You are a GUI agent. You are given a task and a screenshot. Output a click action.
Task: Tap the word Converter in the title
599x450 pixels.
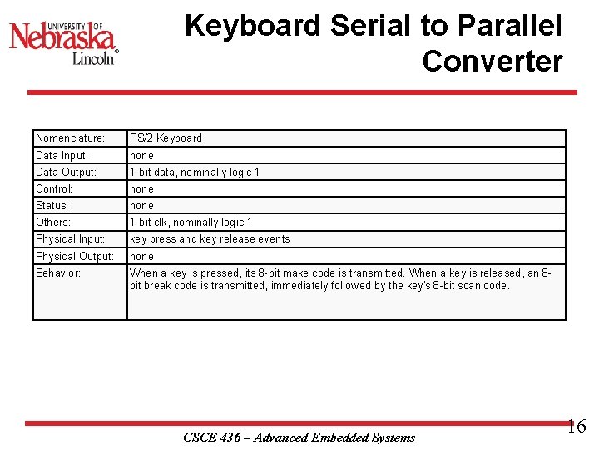(492, 61)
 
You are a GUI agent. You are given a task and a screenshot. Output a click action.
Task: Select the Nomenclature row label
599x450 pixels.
(70, 138)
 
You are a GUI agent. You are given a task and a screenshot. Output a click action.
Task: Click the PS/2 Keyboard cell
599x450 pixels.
(166, 138)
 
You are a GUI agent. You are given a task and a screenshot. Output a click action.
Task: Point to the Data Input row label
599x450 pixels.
(62, 156)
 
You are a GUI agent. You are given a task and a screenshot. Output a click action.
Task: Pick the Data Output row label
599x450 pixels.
(66, 172)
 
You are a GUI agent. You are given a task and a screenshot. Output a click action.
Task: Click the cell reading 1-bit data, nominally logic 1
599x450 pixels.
(195, 172)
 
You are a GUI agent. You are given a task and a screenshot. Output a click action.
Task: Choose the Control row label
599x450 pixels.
(54, 189)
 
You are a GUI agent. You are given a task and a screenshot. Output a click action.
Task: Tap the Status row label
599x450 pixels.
(52, 206)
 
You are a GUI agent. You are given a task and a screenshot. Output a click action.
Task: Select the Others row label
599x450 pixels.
(53, 222)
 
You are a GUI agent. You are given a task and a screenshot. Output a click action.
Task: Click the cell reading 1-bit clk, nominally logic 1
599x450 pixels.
(191, 222)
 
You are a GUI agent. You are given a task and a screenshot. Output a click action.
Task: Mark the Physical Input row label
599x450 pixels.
(70, 239)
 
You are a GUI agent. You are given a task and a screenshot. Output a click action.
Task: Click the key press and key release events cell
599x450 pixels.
(210, 239)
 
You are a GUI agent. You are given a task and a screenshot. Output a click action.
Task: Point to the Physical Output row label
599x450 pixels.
(74, 257)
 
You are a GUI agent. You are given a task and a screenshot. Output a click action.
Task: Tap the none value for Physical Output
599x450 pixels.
(141, 257)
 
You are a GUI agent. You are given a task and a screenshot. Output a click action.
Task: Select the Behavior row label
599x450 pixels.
(58, 273)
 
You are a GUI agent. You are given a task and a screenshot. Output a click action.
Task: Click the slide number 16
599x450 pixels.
(576, 427)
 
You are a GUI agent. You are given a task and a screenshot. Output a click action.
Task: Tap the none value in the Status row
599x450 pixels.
(141, 206)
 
